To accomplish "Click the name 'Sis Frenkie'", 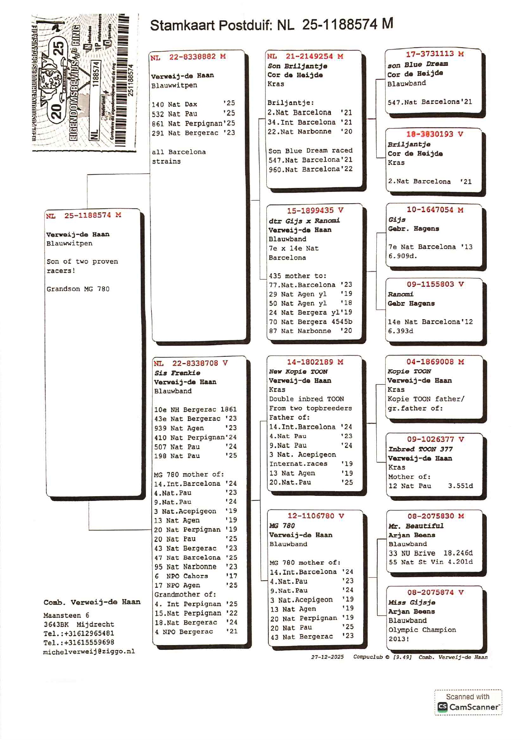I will (177, 373).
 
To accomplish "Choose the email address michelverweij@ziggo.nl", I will (89, 651).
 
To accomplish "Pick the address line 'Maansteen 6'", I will (66, 615).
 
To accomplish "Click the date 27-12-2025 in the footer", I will (327, 657).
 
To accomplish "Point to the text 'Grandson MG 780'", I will (78, 289).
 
